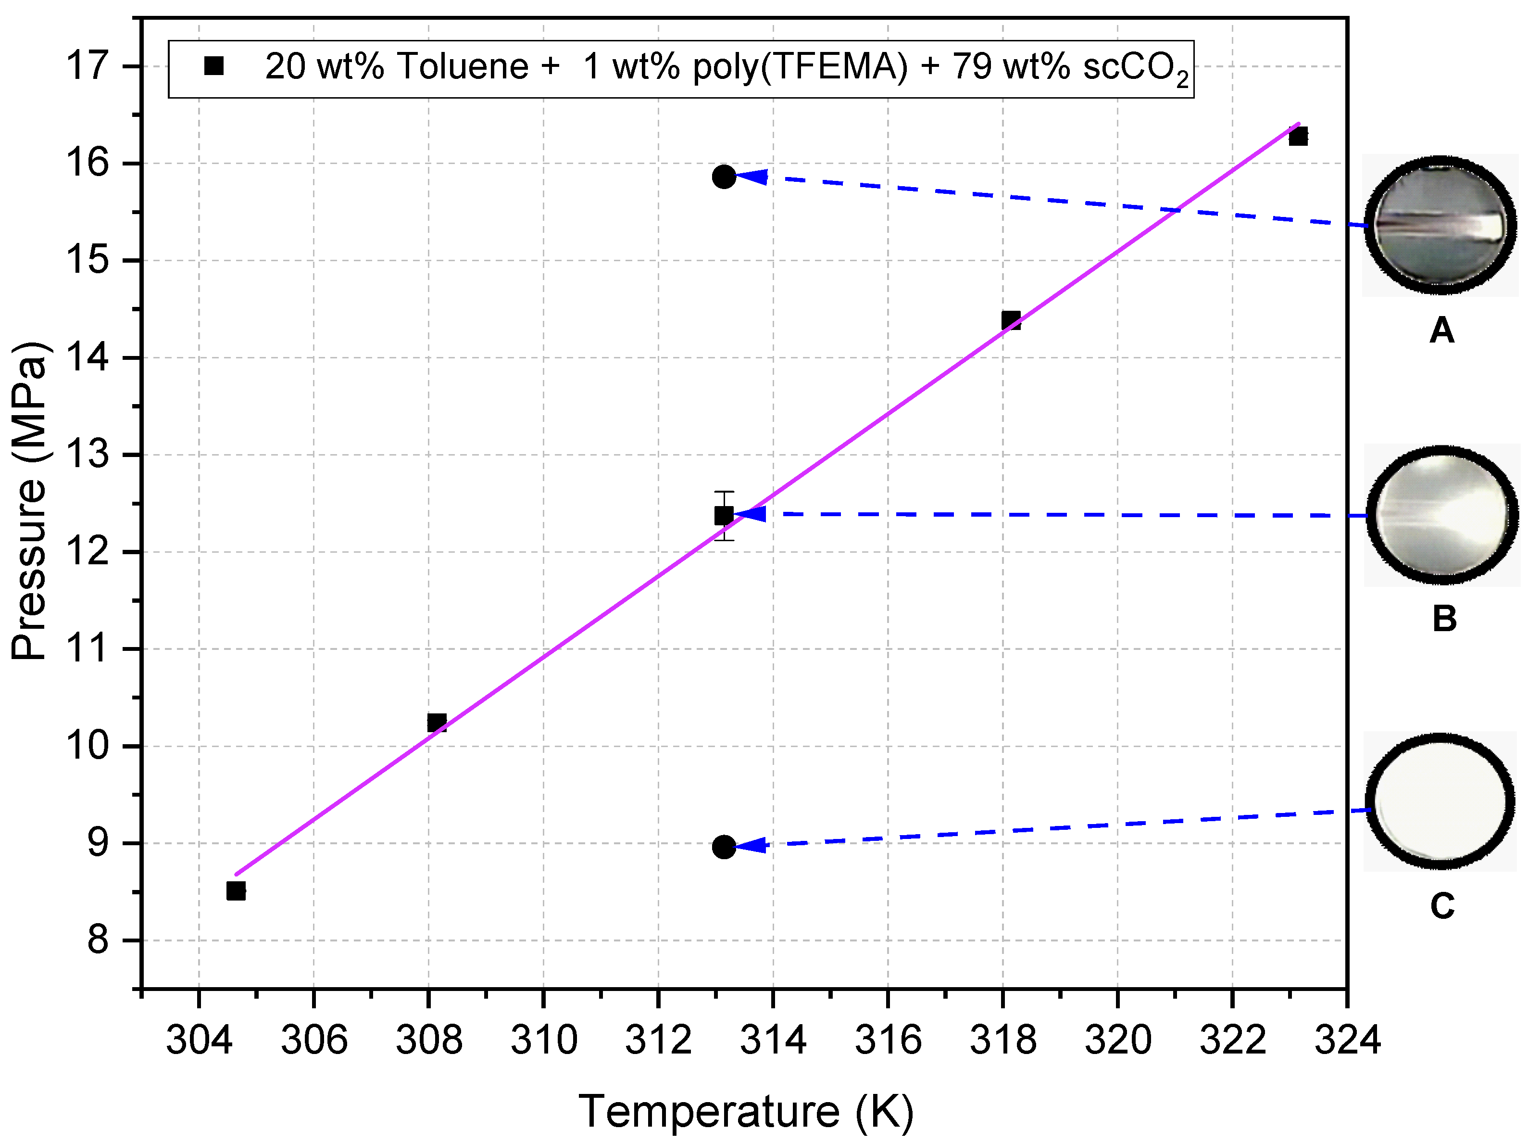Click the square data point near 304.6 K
(236, 891)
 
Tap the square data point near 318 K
(1011, 320)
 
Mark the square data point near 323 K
(1298, 136)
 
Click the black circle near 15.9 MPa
(723, 177)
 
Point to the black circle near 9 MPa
(723, 847)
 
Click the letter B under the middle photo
(1444, 619)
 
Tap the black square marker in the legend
(214, 66)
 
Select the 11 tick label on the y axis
(88, 649)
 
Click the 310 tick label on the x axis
(544, 1040)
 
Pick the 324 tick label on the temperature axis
(1347, 1040)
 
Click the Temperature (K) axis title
(746, 1111)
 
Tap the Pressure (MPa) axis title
(29, 501)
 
